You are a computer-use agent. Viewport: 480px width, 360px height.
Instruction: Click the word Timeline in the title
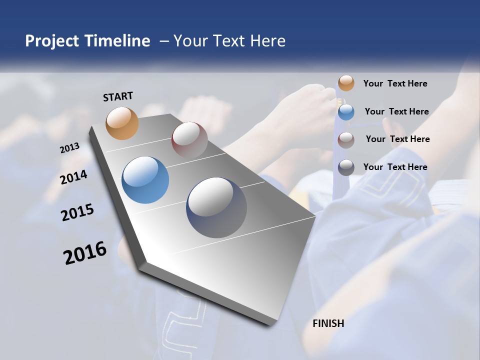[117, 41]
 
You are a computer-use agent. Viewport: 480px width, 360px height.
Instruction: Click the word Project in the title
[52, 41]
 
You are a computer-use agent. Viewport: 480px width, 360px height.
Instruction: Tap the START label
[118, 96]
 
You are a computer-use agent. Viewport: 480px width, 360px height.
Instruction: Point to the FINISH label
[328, 323]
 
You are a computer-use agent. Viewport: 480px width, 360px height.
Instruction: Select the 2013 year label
[70, 147]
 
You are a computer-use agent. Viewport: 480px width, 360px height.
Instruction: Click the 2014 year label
[74, 177]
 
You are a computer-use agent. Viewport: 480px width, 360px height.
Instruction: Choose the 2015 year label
[77, 212]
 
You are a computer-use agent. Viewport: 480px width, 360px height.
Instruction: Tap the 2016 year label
[85, 252]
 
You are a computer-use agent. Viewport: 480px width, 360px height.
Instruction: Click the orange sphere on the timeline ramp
[122, 123]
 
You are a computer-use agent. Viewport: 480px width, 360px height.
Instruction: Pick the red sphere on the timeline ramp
[189, 140]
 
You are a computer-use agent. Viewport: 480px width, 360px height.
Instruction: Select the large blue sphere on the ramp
[145, 180]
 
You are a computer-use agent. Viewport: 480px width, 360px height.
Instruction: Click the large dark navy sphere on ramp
[216, 207]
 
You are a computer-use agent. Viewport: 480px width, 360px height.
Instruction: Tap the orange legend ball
[346, 83]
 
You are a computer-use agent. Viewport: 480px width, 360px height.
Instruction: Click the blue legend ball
[346, 112]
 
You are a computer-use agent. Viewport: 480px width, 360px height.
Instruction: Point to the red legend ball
[346, 140]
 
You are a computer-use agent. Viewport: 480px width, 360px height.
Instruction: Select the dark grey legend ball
[346, 167]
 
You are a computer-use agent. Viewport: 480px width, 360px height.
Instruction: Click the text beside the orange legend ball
[395, 83]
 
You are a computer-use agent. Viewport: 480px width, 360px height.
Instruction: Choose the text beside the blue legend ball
[396, 111]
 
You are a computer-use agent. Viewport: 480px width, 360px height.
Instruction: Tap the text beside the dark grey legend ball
[395, 167]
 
